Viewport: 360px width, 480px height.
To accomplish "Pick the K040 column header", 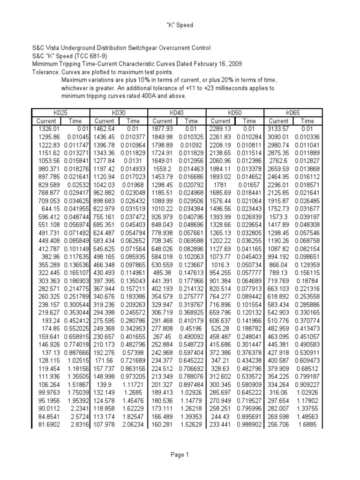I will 177,112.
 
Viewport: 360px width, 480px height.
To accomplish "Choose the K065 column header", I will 293,112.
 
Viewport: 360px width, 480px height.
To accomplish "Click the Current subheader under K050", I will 221,120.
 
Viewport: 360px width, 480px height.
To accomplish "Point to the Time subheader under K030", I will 133,120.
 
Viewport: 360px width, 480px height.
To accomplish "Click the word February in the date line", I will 198,64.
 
